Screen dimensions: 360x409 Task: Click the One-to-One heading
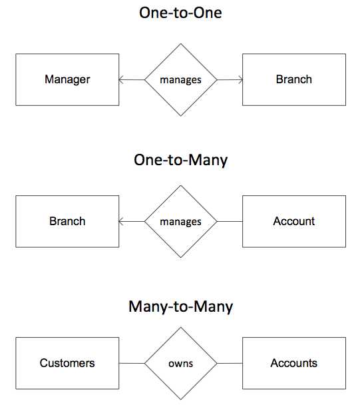(180, 13)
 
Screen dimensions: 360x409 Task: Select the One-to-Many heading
(180, 160)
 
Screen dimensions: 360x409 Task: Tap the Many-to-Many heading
(180, 306)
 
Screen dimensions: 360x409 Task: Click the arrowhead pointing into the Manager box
(120, 79)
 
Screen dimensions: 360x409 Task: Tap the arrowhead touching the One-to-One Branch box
(241, 79)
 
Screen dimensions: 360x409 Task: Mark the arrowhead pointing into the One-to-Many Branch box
(120, 221)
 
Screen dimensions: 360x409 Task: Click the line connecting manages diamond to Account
(230, 221)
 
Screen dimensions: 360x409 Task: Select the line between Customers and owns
(132, 363)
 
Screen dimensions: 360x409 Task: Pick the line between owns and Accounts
(230, 363)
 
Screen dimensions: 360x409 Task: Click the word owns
(180, 363)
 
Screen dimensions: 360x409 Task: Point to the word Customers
(67, 363)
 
